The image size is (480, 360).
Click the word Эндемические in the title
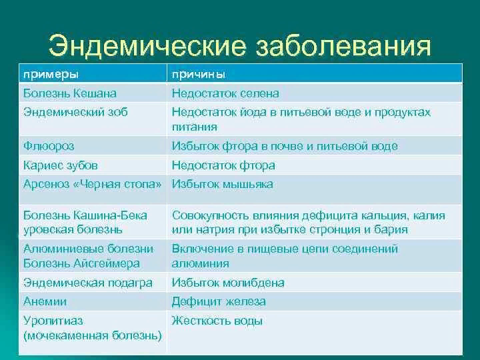(x=147, y=46)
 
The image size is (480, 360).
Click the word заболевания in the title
(x=343, y=46)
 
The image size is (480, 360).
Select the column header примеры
(x=51, y=75)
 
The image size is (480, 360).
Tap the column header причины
(x=199, y=75)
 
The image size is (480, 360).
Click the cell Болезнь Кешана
(x=70, y=93)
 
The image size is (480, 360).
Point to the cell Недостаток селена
(x=225, y=93)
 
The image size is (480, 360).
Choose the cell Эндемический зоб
(x=75, y=112)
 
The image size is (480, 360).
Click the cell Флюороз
(x=49, y=146)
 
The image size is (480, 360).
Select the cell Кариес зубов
(x=60, y=165)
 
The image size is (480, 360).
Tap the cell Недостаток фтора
(x=223, y=165)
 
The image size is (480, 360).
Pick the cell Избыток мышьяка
(x=222, y=184)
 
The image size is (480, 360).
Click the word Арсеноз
(x=46, y=184)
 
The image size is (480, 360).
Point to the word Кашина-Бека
(x=112, y=215)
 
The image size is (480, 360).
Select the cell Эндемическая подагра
(x=88, y=283)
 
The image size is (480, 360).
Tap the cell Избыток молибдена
(x=228, y=283)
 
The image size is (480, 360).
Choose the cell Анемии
(x=45, y=301)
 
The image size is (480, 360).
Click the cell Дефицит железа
(x=219, y=301)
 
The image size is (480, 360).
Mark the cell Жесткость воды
(x=217, y=321)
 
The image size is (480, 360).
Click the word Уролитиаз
(x=53, y=321)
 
